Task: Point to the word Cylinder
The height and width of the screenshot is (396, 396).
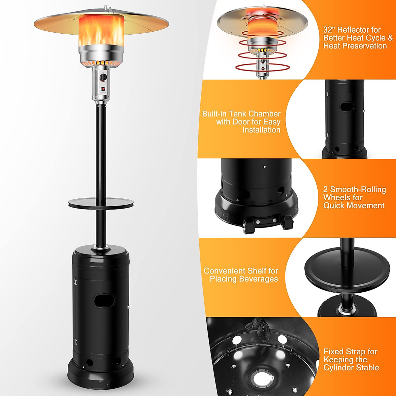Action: tap(338, 368)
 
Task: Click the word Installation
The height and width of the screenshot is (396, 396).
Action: tap(261, 130)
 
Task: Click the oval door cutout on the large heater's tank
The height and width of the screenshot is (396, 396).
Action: tap(104, 300)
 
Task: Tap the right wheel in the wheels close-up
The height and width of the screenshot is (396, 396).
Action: tap(288, 222)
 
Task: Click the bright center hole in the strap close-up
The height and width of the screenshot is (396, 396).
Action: tap(262, 378)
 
